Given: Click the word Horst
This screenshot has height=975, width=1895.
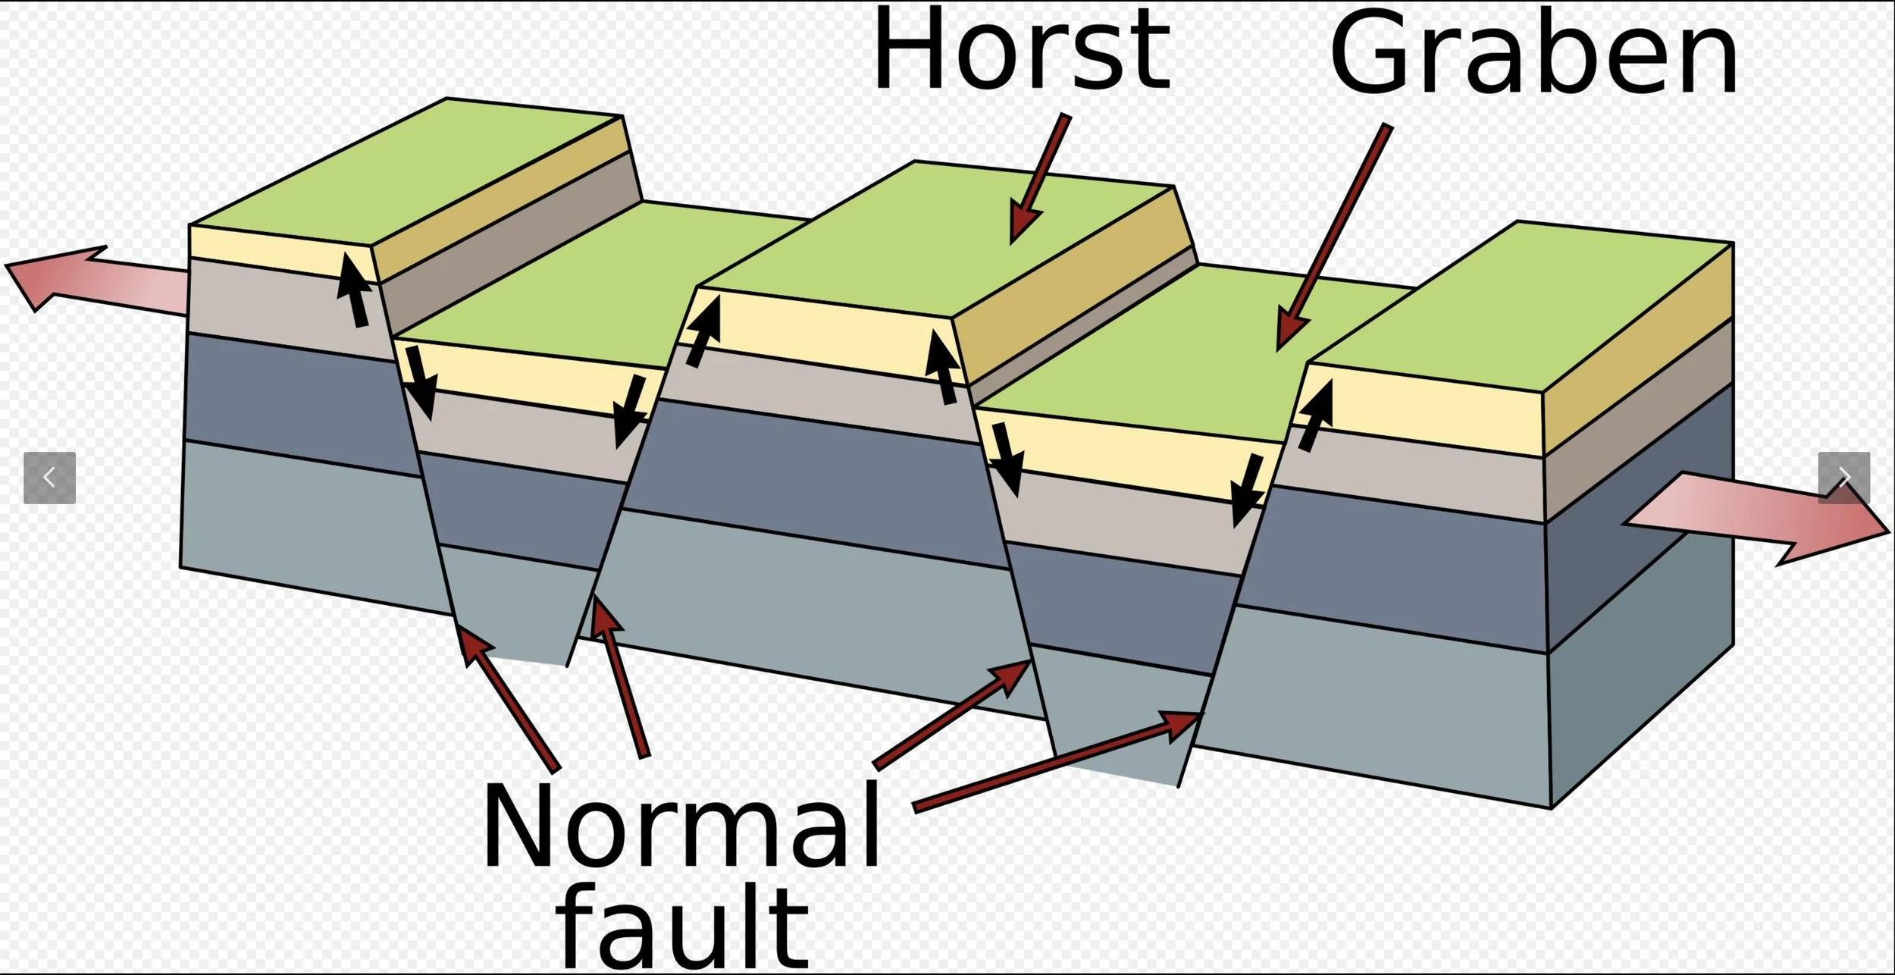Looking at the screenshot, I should click(x=1021, y=49).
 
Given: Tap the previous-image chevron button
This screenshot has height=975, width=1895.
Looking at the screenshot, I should click(x=50, y=478).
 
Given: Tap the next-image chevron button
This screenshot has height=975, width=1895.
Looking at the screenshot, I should click(x=1843, y=478).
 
